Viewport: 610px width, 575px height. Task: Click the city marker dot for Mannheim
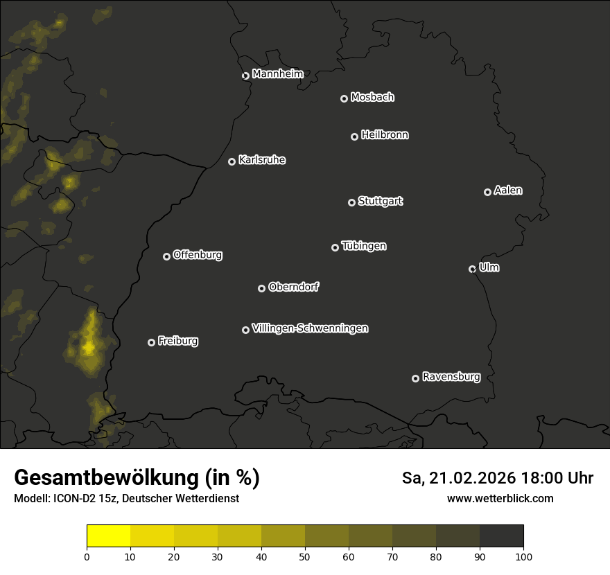pyautogui.click(x=245, y=76)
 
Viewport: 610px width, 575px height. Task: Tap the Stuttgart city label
pyautogui.click(x=380, y=202)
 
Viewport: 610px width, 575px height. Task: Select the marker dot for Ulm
pyautogui.click(x=472, y=269)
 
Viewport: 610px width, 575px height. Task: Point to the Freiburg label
pyautogui.click(x=177, y=341)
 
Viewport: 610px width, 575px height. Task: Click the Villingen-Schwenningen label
pyautogui.click(x=310, y=328)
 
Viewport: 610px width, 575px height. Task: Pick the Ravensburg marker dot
pyautogui.click(x=415, y=378)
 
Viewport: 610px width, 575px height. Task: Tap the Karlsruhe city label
pyautogui.click(x=261, y=160)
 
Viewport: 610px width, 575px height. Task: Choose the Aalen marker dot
pyautogui.click(x=487, y=192)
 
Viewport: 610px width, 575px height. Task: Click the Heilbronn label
pyautogui.click(x=385, y=135)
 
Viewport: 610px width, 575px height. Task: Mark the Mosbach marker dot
pyautogui.click(x=344, y=99)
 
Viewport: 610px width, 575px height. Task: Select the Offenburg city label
pyautogui.click(x=197, y=255)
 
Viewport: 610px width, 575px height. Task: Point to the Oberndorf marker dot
pyautogui.click(x=261, y=288)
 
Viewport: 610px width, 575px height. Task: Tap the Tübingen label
pyautogui.click(x=364, y=246)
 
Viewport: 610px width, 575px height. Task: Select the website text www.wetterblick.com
pyautogui.click(x=500, y=498)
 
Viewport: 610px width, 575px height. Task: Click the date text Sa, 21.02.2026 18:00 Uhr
pyautogui.click(x=498, y=478)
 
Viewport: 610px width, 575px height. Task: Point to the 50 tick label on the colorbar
pyautogui.click(x=305, y=556)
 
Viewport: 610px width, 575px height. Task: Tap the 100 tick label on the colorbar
pyautogui.click(x=523, y=556)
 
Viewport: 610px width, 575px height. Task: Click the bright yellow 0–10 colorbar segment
pyautogui.click(x=109, y=536)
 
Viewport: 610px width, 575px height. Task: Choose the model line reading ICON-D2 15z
pyautogui.click(x=126, y=499)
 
